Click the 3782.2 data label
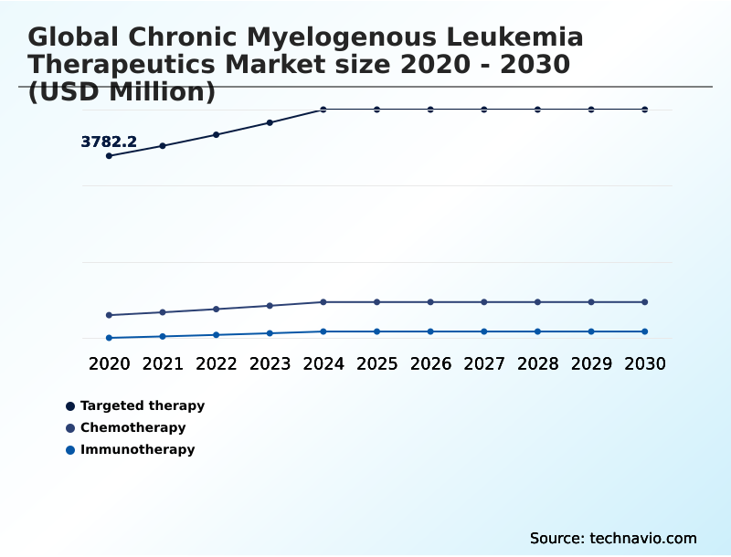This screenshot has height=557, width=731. pos(109,142)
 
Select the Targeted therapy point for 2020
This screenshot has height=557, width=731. pos(109,156)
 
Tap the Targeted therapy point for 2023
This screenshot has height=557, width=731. pos(270,122)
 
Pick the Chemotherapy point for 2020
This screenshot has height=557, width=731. pos(109,315)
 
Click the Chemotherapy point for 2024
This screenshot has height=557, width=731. pos(323,302)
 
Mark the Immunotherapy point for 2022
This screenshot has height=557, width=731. pos(217,335)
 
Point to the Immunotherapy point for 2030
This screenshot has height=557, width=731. pos(645,331)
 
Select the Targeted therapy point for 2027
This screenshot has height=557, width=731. pos(484,110)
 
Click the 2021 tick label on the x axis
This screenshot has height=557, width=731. pos(163,363)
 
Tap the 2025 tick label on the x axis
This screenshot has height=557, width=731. pos(376,363)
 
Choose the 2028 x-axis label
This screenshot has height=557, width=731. pos(537,363)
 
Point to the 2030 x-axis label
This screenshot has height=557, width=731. pos(645,363)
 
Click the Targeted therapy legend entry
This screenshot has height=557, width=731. pos(143,405)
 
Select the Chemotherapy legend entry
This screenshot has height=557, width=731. pos(132,427)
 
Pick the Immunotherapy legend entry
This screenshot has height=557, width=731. pos(137,449)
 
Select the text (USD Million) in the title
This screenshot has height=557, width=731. pos(122,92)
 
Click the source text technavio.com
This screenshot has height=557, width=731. pos(643,538)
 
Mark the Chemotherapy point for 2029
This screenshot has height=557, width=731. pos(591,302)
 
